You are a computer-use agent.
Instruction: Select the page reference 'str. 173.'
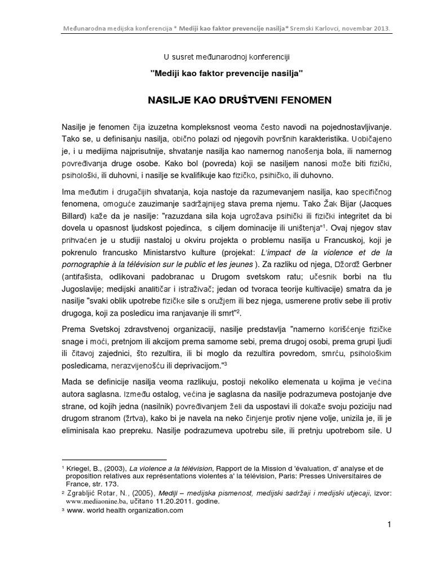pos(101,483)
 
